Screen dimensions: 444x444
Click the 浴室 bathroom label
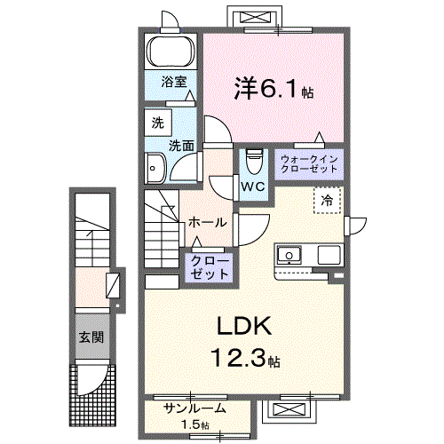[x=174, y=82]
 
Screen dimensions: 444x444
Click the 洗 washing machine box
[x=156, y=124]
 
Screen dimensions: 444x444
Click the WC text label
[x=252, y=186]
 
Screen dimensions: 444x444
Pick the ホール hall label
[x=207, y=222]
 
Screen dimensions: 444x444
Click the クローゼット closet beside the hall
[x=208, y=267]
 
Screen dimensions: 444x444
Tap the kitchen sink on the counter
[x=289, y=256]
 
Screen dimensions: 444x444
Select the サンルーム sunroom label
[x=194, y=408]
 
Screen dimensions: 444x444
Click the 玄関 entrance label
[x=91, y=337]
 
